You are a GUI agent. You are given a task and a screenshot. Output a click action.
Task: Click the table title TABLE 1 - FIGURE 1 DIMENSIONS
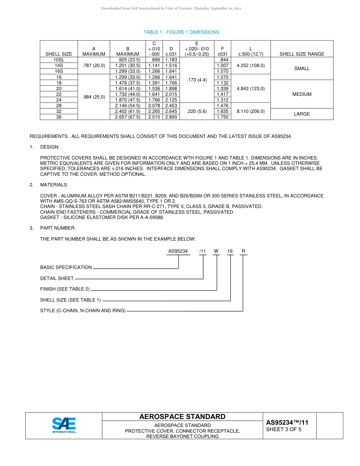point(181,32)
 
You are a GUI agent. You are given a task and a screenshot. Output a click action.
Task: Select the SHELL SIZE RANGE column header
point(302,54)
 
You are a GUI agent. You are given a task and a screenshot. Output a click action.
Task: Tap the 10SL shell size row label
point(59,60)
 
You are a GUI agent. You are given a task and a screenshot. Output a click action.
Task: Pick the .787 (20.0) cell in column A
point(94,66)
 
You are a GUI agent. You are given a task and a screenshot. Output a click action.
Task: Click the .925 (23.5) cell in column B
point(128,60)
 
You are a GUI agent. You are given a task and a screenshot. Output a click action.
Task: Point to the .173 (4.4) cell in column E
point(196,80)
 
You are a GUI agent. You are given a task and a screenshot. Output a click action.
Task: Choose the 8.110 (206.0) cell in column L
point(250,111)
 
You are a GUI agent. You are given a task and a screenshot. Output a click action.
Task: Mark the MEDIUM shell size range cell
point(302,94)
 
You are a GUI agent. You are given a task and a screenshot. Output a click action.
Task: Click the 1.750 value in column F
point(222,117)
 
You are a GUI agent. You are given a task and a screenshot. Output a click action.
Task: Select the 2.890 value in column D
point(171,117)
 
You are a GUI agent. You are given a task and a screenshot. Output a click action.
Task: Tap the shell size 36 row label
point(59,117)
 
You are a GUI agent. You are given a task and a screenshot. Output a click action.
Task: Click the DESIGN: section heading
point(50,147)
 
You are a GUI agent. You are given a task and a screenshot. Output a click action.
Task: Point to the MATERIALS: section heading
point(54,185)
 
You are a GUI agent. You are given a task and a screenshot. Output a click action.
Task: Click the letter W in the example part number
point(216,251)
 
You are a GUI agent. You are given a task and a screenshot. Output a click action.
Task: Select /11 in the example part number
point(203,251)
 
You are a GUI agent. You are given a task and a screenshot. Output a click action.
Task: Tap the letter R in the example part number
point(243,251)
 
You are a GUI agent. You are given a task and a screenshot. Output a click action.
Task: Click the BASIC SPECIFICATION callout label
point(66,267)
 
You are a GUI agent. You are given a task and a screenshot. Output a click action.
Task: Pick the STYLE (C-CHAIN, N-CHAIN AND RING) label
point(83,311)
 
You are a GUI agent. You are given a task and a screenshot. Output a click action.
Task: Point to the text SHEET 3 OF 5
point(283,430)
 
